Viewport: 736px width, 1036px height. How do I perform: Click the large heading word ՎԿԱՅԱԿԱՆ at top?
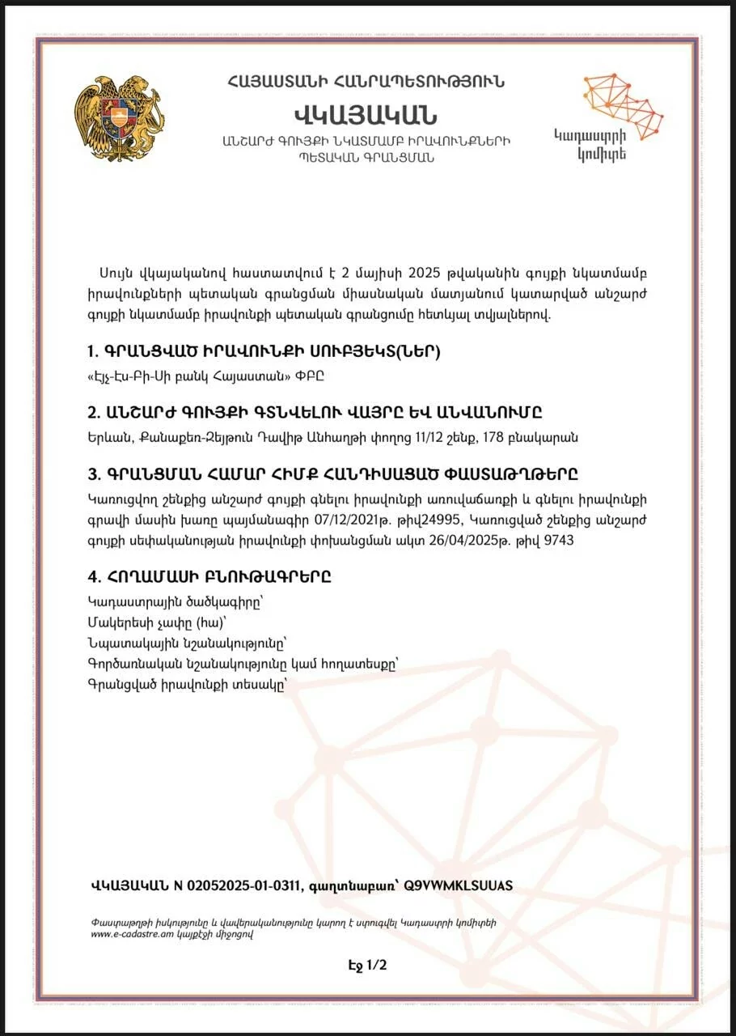pyautogui.click(x=366, y=113)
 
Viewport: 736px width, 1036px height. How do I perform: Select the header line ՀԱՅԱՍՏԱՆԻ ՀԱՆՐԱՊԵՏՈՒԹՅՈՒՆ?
pyautogui.click(x=366, y=81)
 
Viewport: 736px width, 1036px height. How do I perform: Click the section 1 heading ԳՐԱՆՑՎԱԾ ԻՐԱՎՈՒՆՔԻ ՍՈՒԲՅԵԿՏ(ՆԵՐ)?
pyautogui.click(x=264, y=352)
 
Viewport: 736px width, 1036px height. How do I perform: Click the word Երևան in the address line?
pyautogui.click(x=105, y=438)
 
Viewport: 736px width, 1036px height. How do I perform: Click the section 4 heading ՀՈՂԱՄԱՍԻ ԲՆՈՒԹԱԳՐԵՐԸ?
pyautogui.click(x=209, y=578)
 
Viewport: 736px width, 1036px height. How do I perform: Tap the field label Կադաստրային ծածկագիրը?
pyautogui.click(x=151, y=603)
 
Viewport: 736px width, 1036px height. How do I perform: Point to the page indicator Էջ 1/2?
pyautogui.click(x=367, y=965)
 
